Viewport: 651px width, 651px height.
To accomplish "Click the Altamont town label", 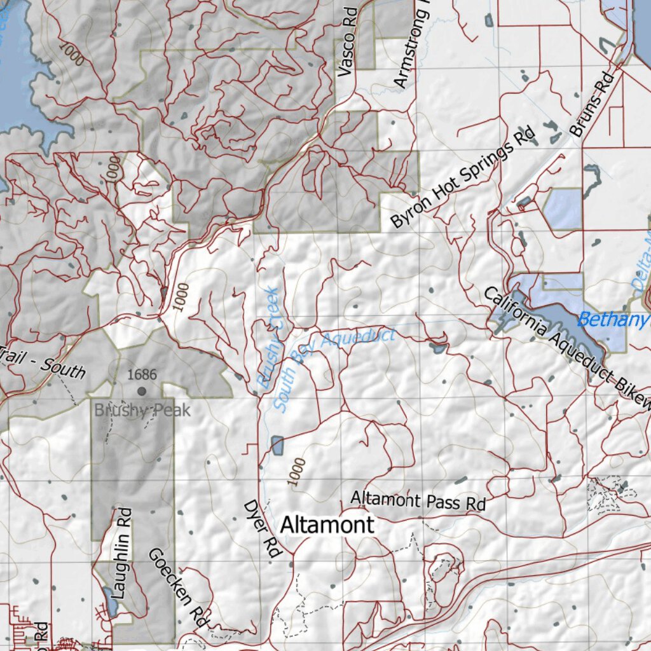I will coord(327,525).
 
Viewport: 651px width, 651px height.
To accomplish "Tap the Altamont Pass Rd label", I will coord(418,500).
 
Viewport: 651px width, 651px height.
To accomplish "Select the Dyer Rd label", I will coord(263,529).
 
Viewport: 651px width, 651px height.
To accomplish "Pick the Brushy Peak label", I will coord(142,410).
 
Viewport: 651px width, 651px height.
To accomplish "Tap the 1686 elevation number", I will coord(141,375).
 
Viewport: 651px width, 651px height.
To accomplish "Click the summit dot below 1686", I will coord(141,392).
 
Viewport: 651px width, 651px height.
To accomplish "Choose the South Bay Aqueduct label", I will coord(334,369).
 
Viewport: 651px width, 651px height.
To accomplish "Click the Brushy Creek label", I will coord(268,338).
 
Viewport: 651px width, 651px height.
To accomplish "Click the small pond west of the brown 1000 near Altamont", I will coord(277,445).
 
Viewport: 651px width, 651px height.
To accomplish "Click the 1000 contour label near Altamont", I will coord(296,472).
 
